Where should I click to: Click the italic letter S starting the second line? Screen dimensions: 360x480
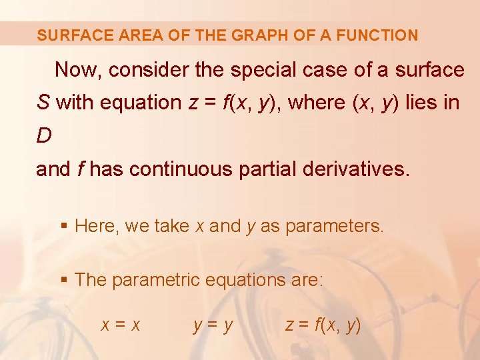coord(43,103)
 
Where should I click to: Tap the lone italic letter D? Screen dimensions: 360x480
coord(44,136)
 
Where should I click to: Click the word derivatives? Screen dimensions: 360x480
coord(357,169)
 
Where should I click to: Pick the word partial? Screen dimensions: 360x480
coord(266,169)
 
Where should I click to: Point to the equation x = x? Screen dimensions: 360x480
coord(121,325)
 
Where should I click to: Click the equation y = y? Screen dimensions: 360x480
coord(213,325)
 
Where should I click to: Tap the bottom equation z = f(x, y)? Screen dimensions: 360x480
coord(323,325)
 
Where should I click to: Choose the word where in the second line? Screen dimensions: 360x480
coord(315,103)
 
